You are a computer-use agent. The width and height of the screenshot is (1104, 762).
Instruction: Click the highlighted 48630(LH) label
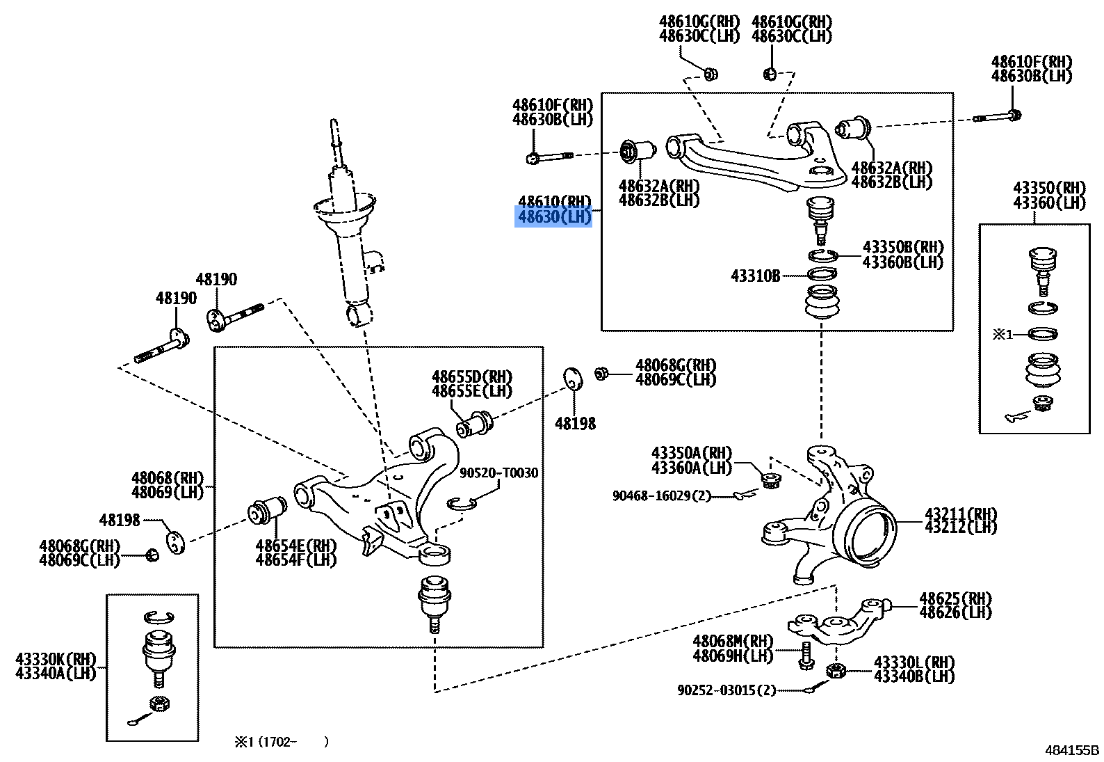pyautogui.click(x=554, y=217)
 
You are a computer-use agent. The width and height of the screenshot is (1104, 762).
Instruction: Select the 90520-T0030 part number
pyautogui.click(x=498, y=473)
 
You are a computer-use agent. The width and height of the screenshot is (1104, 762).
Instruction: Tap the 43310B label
pyautogui.click(x=755, y=276)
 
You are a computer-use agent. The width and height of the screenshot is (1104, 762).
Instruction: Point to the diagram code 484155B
pyautogui.click(x=1071, y=750)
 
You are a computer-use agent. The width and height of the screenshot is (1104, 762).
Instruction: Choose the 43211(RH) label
pyautogui.click(x=960, y=514)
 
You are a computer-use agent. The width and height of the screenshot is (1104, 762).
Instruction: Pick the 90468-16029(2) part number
pyautogui.click(x=662, y=495)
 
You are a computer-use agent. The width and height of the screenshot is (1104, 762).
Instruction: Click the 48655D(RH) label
pyautogui.click(x=471, y=376)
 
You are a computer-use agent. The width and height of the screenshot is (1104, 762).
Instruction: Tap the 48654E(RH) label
pyautogui.click(x=295, y=546)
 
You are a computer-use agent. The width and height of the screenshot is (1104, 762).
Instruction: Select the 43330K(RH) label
pyautogui.click(x=56, y=659)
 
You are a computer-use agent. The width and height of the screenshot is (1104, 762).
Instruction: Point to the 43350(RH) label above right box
pyautogui.click(x=1048, y=188)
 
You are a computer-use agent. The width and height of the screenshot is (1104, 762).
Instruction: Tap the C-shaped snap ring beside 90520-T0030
pyautogui.click(x=460, y=503)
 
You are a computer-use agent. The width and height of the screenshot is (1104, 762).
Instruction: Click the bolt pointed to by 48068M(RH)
pyautogui.click(x=805, y=655)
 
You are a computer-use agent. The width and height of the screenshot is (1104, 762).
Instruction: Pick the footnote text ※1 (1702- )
pyautogui.click(x=281, y=742)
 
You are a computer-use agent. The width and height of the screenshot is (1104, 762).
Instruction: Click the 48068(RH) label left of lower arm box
pyautogui.click(x=167, y=478)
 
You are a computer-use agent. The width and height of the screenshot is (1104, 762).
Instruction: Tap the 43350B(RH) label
pyautogui.click(x=902, y=247)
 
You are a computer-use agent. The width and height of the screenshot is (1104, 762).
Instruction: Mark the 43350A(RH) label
pyautogui.click(x=691, y=453)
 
